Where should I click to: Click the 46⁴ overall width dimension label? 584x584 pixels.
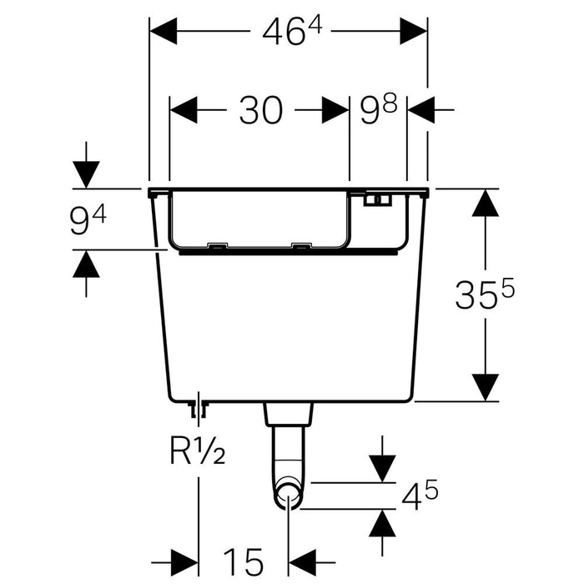click(292, 32)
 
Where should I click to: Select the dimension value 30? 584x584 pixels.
click(260, 110)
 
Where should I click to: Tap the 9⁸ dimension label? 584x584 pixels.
click(379, 109)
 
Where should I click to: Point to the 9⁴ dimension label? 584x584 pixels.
click(88, 221)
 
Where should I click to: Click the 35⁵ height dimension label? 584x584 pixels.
click(485, 294)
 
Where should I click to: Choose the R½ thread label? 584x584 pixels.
click(198, 451)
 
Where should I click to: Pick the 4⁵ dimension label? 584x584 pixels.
click(420, 495)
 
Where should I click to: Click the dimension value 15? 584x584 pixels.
click(244, 562)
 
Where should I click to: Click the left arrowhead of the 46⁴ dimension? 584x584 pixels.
click(164, 32)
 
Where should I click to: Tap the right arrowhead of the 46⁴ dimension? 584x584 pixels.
click(414, 32)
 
